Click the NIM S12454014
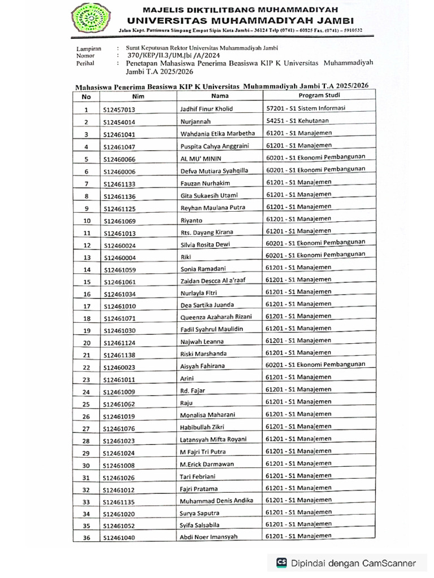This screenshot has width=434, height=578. tap(119, 122)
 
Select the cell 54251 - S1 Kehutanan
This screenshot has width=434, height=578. tap(297, 121)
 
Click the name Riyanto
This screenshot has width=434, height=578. tap(191, 221)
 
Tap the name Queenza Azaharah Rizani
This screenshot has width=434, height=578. tap(215, 317)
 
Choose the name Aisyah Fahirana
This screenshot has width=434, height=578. tap(202, 366)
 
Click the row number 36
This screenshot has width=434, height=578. tap(86, 538)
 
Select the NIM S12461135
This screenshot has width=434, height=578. tap(119, 502)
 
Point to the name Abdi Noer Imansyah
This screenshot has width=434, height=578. tap(209, 537)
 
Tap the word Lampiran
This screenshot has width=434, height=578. tap(89, 49)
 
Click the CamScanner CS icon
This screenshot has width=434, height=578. tap(281, 563)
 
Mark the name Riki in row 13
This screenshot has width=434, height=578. tap(185, 257)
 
